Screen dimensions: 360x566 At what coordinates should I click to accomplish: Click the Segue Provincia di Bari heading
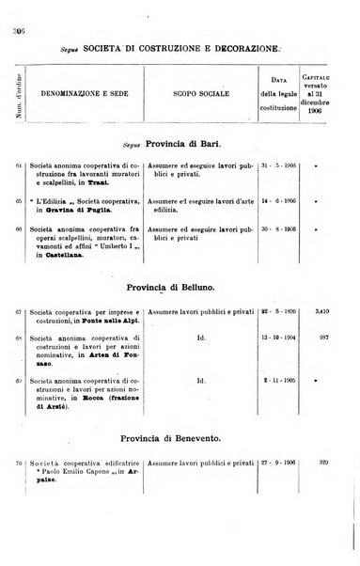[180, 145]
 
